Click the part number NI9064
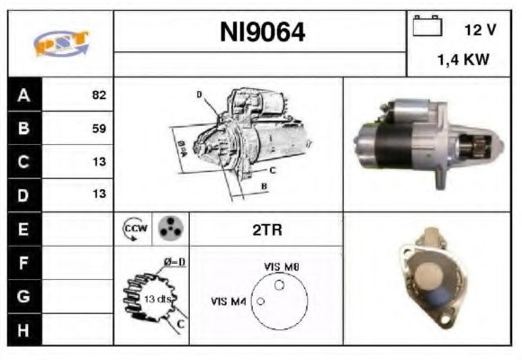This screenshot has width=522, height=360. pos(263,33)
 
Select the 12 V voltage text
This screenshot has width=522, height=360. pos(480,30)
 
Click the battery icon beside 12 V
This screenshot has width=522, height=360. pos(427,27)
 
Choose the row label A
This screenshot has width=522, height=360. pos(23,94)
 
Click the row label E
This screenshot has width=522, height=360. pos(23,229)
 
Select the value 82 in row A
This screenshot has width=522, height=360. pos(99,94)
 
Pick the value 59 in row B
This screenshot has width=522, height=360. pos(99,128)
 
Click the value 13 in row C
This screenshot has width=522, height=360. pos(99,161)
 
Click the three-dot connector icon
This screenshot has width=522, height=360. pos(168,229)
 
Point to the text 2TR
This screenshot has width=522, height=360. pos(267,230)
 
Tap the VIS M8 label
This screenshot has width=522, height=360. pos(281,266)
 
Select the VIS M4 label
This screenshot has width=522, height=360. pos(229,301)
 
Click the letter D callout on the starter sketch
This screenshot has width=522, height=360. pos(199,94)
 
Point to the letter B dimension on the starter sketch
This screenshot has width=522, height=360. pos(264,186)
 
